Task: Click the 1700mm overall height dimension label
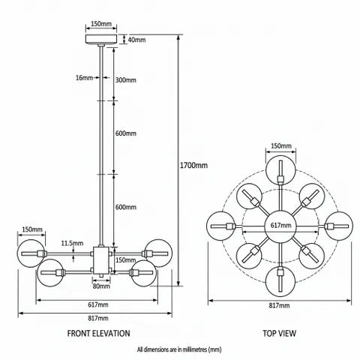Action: pyautogui.click(x=193, y=165)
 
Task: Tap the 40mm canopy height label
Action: pyautogui.click(x=136, y=40)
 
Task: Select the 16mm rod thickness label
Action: pyautogui.click(x=84, y=78)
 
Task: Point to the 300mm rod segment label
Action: pyautogui.click(x=126, y=80)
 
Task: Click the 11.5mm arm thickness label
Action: pyautogui.click(x=72, y=243)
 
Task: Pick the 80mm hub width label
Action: pyautogui.click(x=101, y=286)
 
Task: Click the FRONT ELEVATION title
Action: pyautogui.click(x=99, y=333)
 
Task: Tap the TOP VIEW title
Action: pyautogui.click(x=279, y=333)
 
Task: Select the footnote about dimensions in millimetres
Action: pyautogui.click(x=179, y=349)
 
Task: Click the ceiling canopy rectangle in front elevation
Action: pyautogui.click(x=101, y=39)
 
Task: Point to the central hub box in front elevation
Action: pyautogui.click(x=101, y=260)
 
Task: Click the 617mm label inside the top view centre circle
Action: pyautogui.click(x=281, y=225)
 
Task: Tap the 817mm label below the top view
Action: pyautogui.click(x=279, y=305)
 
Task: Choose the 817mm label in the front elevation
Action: pyautogui.click(x=98, y=318)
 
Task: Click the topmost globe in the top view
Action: pyautogui.click(x=280, y=170)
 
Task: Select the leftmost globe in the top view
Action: pyautogui.click(x=221, y=226)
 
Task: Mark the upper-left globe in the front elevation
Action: pyautogui.click(x=31, y=253)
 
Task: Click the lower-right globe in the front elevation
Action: pyautogui.click(x=143, y=273)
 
